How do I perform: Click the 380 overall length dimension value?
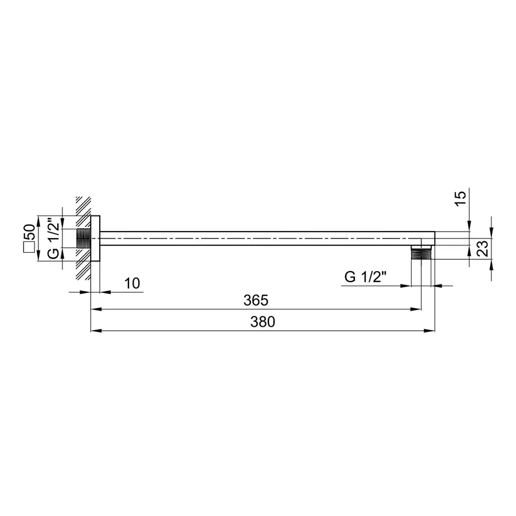point(263,322)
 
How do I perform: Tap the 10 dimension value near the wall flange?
point(132,283)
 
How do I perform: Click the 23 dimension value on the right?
point(483,248)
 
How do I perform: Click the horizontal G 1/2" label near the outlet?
point(365,277)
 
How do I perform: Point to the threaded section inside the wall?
point(84,238)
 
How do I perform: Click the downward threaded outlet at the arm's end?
point(421,253)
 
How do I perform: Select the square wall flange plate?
point(96,238)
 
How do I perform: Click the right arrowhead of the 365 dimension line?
point(418,309)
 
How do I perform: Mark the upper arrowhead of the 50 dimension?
point(38,220)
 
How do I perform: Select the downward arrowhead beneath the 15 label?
point(469,228)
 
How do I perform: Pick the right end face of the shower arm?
point(434,239)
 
